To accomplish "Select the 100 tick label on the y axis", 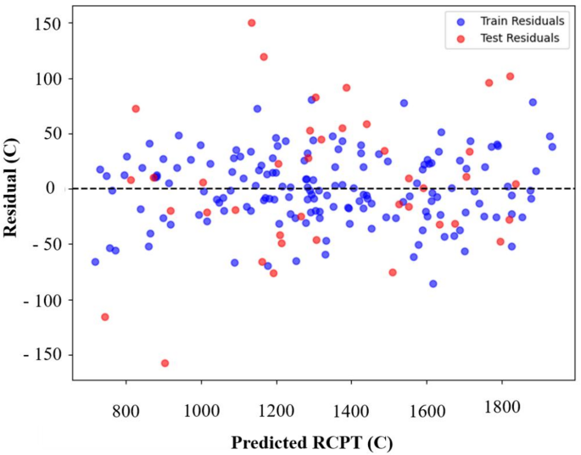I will pos(48,79).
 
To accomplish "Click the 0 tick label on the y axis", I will pos(58,188).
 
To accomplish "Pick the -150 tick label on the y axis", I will pos(44,352).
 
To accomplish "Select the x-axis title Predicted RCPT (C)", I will pos(312,441).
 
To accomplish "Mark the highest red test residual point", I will pos(252,23).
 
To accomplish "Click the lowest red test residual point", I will pos(165,363).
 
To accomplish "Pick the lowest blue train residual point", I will pos(433,284).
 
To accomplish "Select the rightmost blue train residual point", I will pos(552,147).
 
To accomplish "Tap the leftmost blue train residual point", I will pos(95,262).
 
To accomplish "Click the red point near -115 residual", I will pos(105,317).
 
